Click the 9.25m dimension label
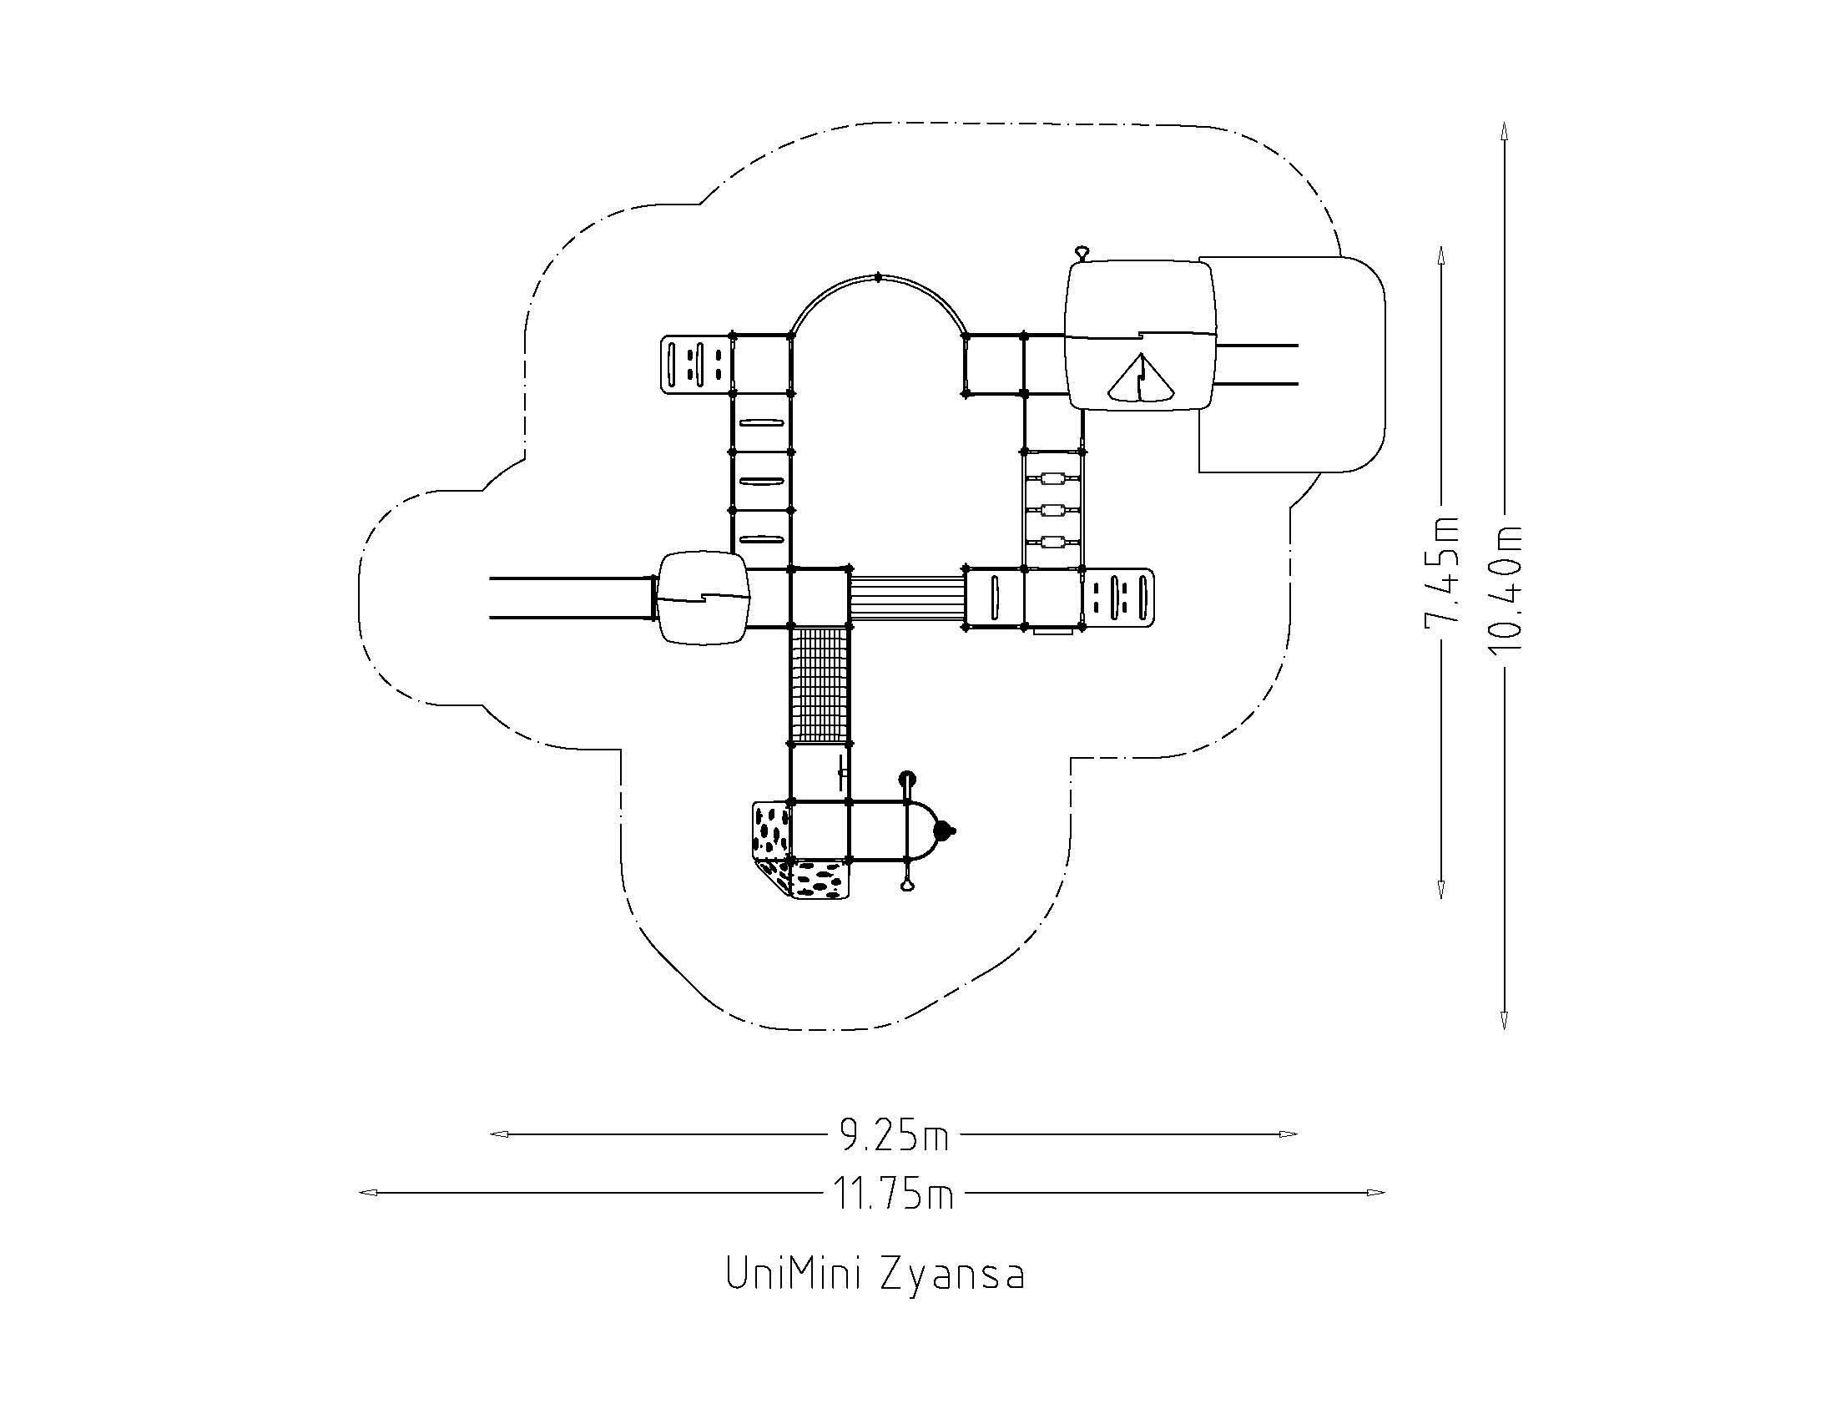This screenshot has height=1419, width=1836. pos(895,1136)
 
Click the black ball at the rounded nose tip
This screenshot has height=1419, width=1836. pos(946,831)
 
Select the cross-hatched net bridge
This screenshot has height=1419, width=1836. pos(820,684)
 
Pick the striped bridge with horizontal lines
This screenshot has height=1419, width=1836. pos(906,597)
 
